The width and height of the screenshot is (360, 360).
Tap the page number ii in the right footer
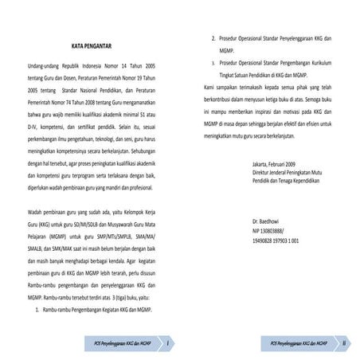pyautogui.click(x=344, y=342)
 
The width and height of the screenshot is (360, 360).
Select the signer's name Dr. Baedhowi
pyautogui.click(x=267, y=220)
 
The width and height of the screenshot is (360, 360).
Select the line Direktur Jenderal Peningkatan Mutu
pyautogui.click(x=286, y=173)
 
